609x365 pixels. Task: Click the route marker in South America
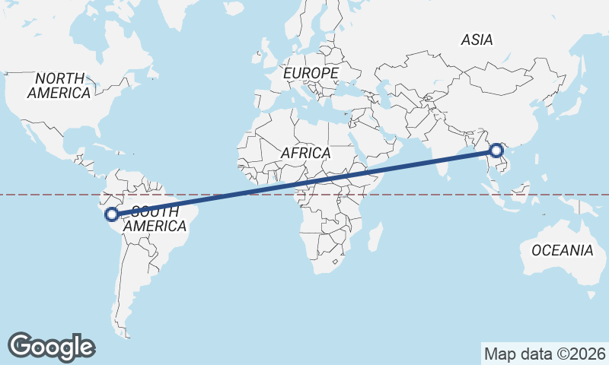(112, 214)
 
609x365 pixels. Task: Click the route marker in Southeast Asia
(497, 151)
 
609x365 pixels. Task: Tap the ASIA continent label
(477, 40)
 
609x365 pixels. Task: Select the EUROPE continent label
(311, 73)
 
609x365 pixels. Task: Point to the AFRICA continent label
(305, 153)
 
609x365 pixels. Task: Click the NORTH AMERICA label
(59, 85)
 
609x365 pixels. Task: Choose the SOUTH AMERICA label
(155, 219)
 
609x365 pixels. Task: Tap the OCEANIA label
(562, 250)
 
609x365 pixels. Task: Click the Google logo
(51, 346)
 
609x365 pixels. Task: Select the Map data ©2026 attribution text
(544, 354)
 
